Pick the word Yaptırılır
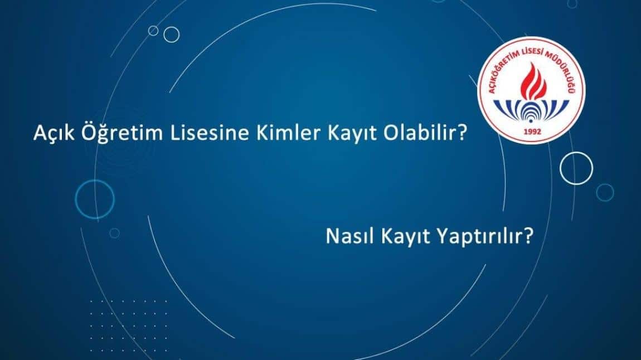(480, 237)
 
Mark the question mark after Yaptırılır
(528, 236)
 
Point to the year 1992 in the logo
(532, 132)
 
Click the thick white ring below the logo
(576, 153)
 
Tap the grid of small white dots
(128, 325)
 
